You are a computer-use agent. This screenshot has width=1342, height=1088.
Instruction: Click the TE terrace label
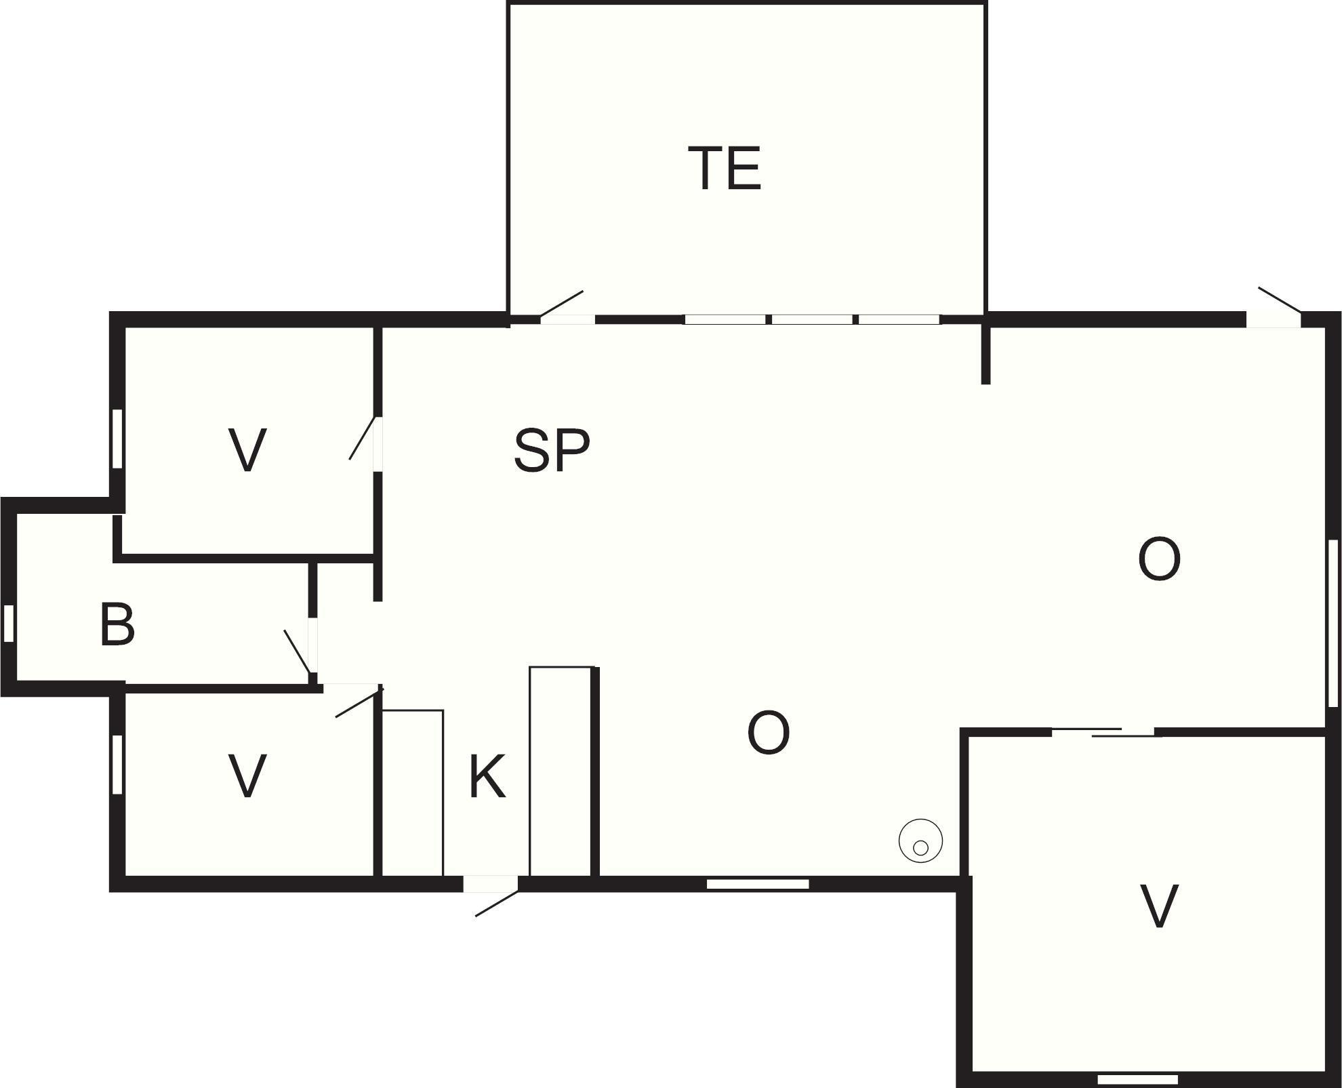click(725, 168)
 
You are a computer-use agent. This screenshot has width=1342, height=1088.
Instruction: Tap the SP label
click(552, 449)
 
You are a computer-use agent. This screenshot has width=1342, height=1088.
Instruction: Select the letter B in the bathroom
click(117, 624)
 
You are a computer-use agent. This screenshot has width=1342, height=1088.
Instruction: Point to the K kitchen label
click(487, 777)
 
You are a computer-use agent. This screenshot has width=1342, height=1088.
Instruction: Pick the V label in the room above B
click(247, 449)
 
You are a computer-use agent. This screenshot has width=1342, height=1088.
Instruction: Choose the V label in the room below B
click(247, 776)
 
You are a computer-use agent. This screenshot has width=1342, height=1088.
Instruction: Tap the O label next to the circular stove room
click(769, 732)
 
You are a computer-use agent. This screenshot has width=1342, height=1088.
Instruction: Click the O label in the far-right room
click(1159, 559)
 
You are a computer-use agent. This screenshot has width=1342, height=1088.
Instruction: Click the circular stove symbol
click(920, 841)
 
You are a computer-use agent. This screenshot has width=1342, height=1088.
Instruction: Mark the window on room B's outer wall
click(9, 623)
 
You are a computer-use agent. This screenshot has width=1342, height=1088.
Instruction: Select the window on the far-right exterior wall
click(1333, 624)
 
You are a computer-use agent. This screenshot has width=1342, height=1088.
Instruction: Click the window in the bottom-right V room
click(1138, 1079)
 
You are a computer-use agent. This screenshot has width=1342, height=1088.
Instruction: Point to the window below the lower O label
click(758, 884)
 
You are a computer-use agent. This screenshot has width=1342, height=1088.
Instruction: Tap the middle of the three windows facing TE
click(813, 319)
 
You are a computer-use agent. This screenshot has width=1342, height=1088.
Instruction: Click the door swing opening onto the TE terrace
click(561, 304)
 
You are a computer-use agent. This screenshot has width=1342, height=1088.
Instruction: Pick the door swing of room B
click(298, 652)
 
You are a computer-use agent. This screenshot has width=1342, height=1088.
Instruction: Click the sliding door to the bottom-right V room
click(1103, 732)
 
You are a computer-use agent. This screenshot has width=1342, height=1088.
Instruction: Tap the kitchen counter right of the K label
click(561, 771)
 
